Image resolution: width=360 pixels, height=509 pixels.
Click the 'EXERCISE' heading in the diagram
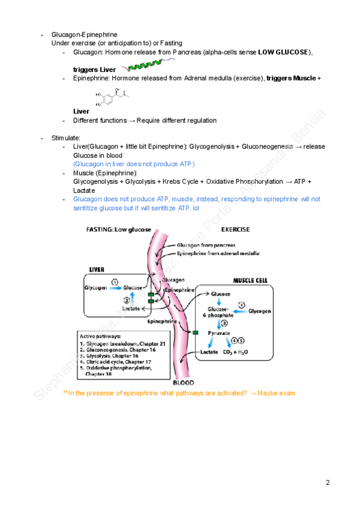pyautogui.click(x=235, y=229)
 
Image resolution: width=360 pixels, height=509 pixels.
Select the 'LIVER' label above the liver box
pyautogui.click(x=97, y=270)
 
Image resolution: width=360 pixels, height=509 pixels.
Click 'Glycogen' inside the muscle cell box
pyautogui.click(x=259, y=312)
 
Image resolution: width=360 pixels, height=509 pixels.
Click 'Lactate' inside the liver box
pyautogui.click(x=131, y=308)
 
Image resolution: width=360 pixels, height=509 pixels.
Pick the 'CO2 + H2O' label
pyautogui.click(x=236, y=352)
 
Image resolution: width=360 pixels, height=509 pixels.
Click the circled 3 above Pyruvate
pyautogui.click(x=224, y=322)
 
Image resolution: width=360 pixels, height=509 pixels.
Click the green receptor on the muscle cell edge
pyautogui.click(x=194, y=332)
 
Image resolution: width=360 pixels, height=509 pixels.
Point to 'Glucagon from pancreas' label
pyautogui.click(x=206, y=245)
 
